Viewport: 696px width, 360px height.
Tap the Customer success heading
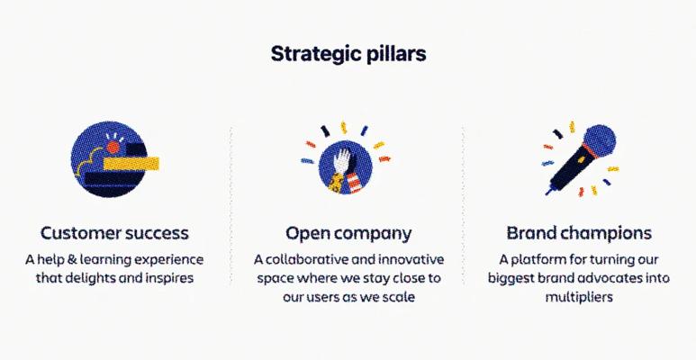click(x=114, y=233)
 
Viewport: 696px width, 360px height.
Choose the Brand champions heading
click(x=579, y=233)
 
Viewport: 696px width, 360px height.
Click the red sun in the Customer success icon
click(x=113, y=148)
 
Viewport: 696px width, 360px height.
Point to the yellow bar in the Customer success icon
click(x=131, y=164)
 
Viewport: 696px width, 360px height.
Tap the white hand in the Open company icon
click(x=342, y=161)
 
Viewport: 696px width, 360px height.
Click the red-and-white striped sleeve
click(x=355, y=183)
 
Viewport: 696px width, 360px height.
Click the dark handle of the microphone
click(x=571, y=171)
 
